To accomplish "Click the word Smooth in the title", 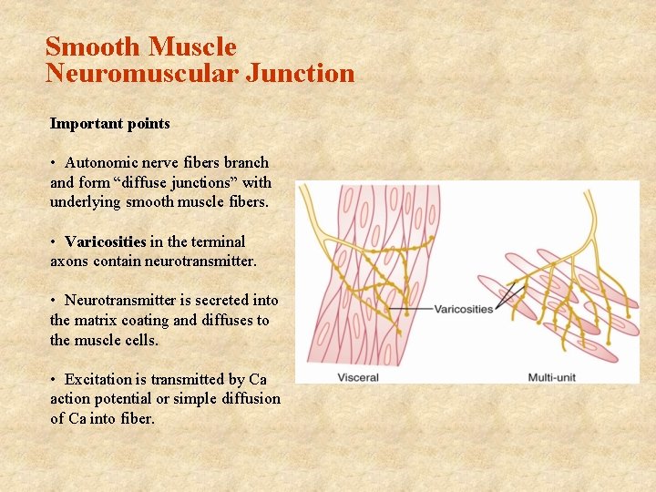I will coord(94,46).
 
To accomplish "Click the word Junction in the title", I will coord(300,73).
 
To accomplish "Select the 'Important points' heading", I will coord(109,123).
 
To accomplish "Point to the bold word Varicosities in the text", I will coord(106,241).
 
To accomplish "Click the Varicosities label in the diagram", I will coord(464,309).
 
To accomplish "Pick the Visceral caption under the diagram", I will coord(358,377).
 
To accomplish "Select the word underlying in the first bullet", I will coord(85,201).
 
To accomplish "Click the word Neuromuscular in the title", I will coord(142,73).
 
